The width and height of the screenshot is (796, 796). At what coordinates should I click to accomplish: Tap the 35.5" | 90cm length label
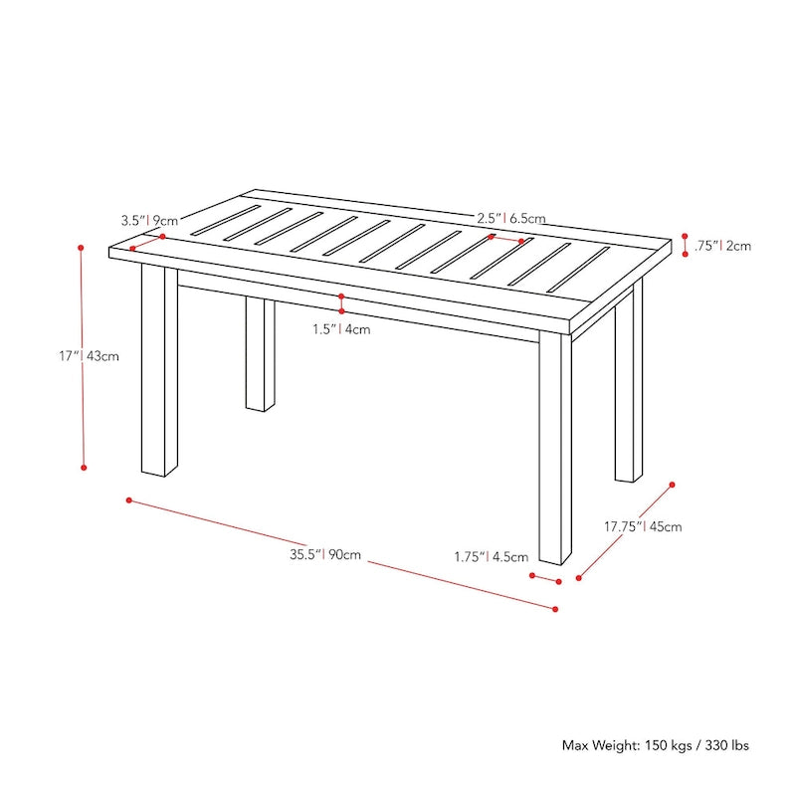click(x=325, y=555)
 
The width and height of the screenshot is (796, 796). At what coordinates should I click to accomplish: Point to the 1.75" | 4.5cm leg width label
click(x=490, y=557)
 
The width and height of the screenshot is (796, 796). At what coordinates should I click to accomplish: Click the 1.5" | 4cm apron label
click(x=341, y=329)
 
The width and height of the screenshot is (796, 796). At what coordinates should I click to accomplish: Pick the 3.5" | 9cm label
click(x=149, y=220)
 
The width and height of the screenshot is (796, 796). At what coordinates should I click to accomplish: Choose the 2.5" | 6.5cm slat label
click(x=510, y=217)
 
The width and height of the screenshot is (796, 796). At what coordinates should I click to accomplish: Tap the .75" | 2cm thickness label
click(x=723, y=245)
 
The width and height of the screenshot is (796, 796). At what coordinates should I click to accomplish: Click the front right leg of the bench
click(x=555, y=448)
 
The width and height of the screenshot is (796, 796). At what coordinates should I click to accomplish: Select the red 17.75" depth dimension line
click(x=625, y=530)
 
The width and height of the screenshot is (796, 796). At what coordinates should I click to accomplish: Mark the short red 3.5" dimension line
click(x=147, y=242)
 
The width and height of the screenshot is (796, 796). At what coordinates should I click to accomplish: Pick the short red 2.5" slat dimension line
click(x=506, y=239)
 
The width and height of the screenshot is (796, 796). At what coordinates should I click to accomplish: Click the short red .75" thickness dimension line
click(x=685, y=245)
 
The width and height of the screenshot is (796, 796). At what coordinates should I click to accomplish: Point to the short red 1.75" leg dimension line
click(x=545, y=578)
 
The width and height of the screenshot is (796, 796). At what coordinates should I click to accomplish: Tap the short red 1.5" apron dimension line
click(x=341, y=304)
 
